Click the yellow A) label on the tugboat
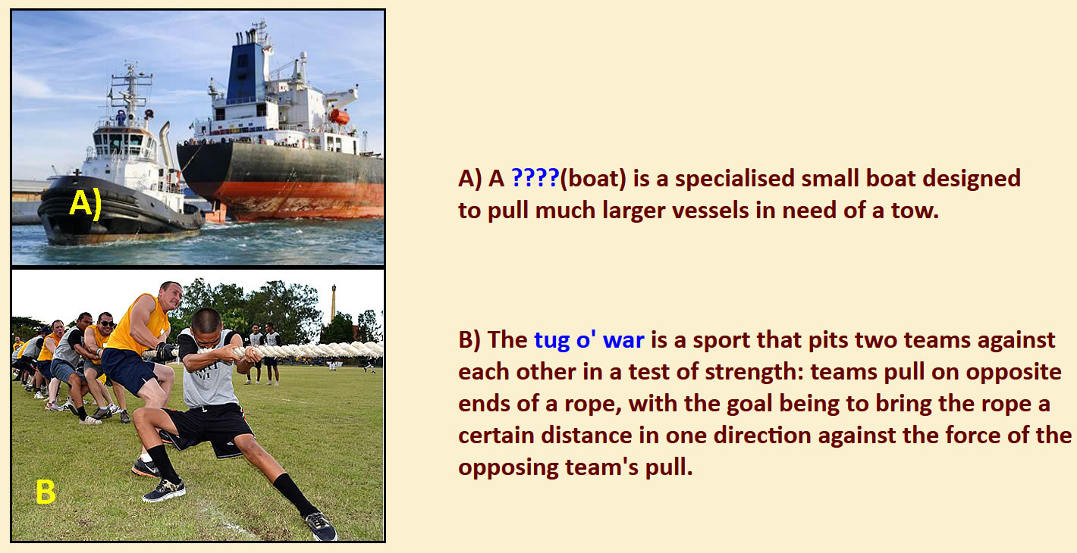(86, 204)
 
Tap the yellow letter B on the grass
(46, 492)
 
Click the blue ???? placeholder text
(535, 178)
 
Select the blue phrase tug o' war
(589, 340)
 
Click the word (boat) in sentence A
(593, 179)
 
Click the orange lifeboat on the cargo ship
(340, 116)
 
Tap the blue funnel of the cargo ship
(246, 73)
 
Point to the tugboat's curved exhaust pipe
(166, 143)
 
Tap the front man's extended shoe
(322, 526)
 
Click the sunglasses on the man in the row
(107, 323)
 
